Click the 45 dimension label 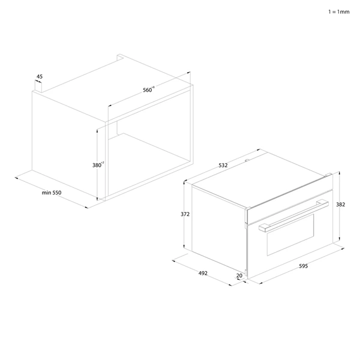coord(40,77)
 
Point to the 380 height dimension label coord(99,164)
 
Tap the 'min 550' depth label coord(52,193)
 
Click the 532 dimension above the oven coord(223,164)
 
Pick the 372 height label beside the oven coord(185,213)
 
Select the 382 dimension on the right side coord(340,205)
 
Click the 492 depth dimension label coord(202,273)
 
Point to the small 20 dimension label coord(240,276)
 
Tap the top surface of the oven coord(258,180)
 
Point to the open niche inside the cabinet coord(150,156)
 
